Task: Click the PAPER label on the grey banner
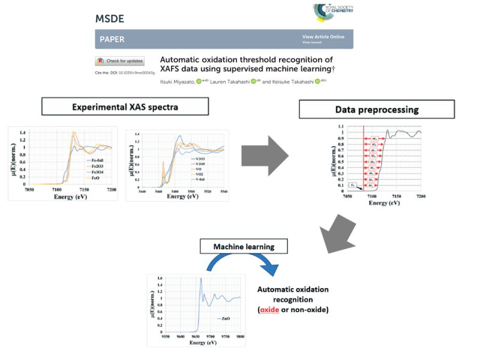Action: coord(111,40)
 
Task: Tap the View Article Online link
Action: coord(323,37)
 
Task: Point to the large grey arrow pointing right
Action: coord(264,157)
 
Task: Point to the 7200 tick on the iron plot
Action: coord(111,189)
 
